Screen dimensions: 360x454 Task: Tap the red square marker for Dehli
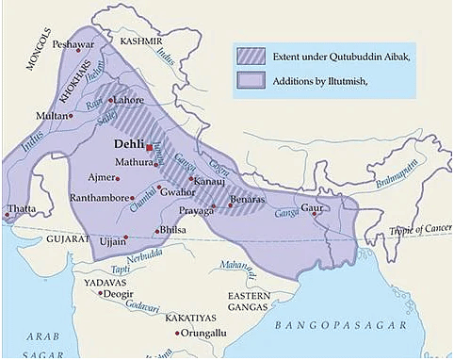coord(149,147)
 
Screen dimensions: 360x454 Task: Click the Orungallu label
coord(205,333)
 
